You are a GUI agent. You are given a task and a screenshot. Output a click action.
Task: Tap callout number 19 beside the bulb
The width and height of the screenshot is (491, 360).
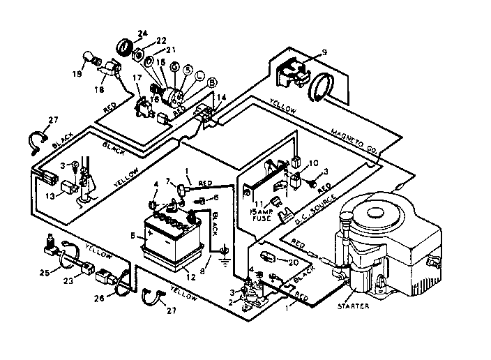coord(77,73)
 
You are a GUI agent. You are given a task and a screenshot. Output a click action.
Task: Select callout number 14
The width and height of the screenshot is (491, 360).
coord(222,98)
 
